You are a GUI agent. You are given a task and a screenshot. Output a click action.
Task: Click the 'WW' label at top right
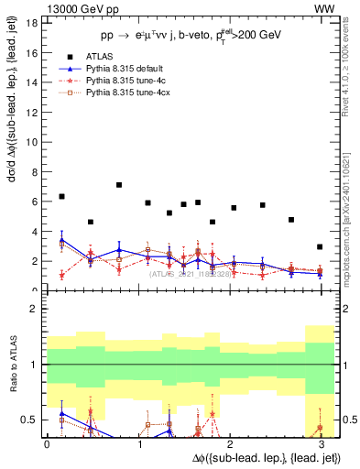324,8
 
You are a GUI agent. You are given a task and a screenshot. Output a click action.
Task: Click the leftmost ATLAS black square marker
61,197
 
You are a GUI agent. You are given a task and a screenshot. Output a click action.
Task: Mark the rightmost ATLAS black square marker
320,247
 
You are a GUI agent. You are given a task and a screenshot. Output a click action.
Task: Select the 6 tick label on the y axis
37,202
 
